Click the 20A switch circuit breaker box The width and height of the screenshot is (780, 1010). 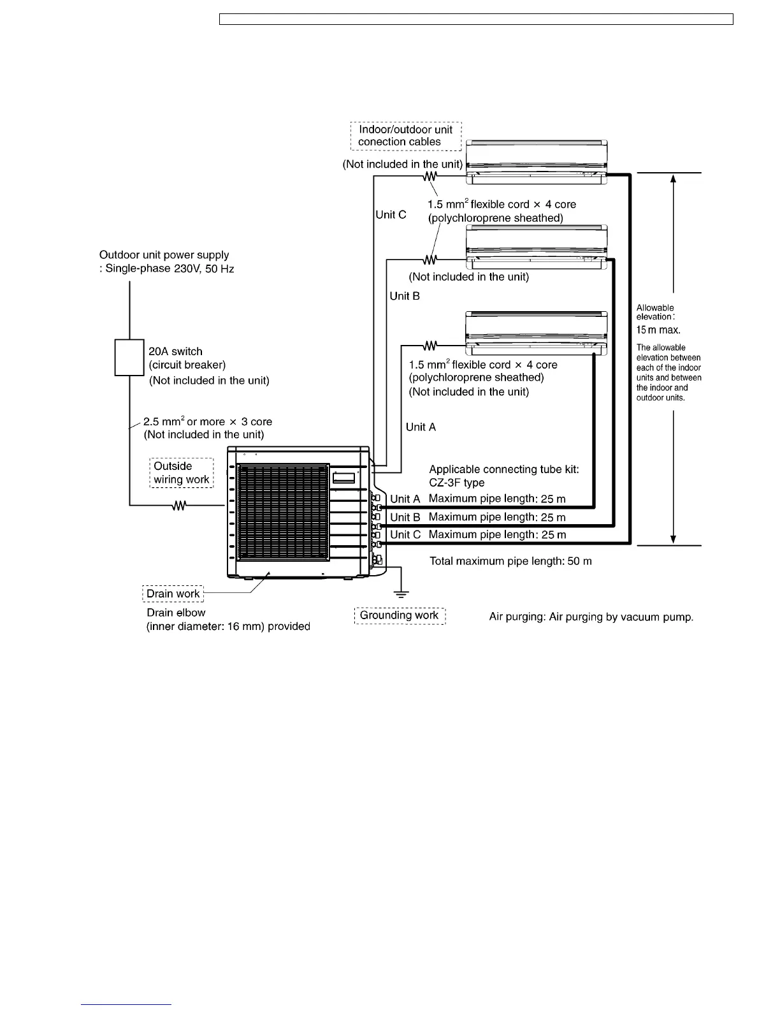pos(129,358)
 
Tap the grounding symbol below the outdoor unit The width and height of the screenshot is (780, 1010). pos(401,594)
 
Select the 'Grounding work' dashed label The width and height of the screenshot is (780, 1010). pos(400,615)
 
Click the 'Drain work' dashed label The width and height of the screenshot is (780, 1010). pos(173,594)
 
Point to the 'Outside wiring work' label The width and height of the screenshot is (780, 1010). pos(182,473)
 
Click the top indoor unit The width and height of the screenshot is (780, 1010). pos(537,162)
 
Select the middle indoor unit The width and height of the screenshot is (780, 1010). pos(537,247)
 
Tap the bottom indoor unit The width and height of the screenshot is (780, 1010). pos(537,333)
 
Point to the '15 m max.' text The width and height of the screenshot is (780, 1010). pos(658,330)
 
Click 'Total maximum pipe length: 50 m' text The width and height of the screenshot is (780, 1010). pos(510,561)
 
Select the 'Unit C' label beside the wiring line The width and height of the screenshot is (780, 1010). pos(391,215)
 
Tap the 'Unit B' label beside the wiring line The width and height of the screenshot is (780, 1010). pos(405,296)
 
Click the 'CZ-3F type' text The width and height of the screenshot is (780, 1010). pos(456,483)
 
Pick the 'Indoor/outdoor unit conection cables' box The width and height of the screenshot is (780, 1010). pos(406,136)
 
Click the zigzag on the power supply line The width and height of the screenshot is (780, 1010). pos(179,506)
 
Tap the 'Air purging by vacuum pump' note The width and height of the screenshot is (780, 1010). pos(591,617)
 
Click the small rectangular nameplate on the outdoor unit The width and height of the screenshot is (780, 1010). pos(343,477)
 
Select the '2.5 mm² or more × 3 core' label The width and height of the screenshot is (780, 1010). pos(208,422)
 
